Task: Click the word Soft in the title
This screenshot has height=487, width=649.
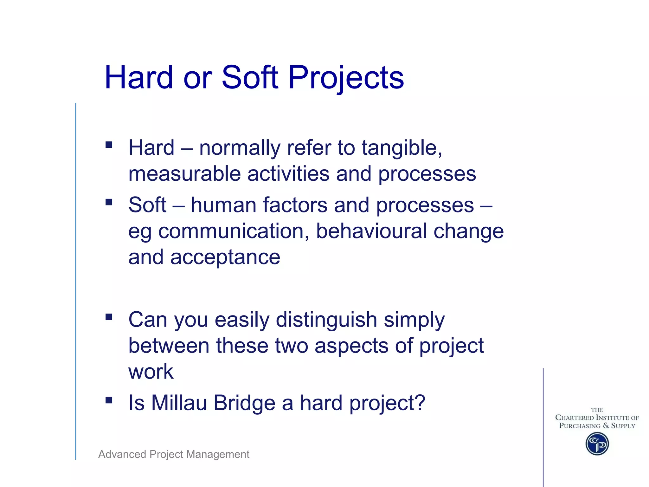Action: coord(250,77)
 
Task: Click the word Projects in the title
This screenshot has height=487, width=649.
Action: coord(346,77)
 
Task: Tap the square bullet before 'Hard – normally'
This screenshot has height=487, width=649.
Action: coord(109,145)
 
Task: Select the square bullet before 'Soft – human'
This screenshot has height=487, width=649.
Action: coord(109,202)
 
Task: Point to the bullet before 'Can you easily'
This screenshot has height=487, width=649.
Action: coord(109,317)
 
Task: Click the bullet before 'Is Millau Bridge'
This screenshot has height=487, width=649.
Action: coord(109,400)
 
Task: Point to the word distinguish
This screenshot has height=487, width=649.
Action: coord(326,320)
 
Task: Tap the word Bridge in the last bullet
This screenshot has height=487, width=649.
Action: coord(244,403)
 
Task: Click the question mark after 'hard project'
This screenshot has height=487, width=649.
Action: coord(419,403)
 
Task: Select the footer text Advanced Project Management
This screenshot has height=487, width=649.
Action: coord(174,454)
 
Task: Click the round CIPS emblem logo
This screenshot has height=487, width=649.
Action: coord(597,444)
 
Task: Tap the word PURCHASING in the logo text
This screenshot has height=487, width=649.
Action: coord(580,426)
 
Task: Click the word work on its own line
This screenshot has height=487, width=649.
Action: coord(151,372)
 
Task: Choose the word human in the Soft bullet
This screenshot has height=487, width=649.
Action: coord(223,205)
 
